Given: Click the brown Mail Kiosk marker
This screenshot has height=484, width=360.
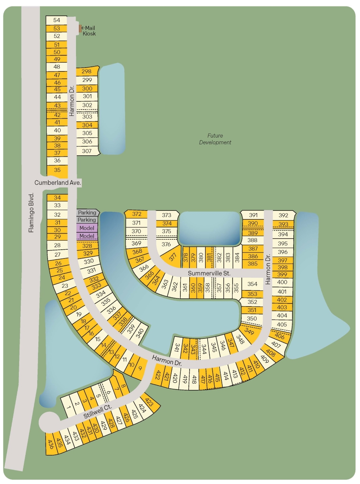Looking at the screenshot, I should (80, 28).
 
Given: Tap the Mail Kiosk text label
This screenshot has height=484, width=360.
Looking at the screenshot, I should (89, 31).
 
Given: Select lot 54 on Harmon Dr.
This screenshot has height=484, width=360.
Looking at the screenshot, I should (57, 20).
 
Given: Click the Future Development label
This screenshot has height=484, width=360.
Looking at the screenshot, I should (215, 139).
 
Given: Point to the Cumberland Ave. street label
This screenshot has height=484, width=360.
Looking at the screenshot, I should (58, 183).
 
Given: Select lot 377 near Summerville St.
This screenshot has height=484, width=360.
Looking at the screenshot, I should (172, 256).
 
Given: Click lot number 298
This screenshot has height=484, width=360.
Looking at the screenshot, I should (87, 71).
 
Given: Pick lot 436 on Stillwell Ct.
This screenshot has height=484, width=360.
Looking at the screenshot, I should (50, 444).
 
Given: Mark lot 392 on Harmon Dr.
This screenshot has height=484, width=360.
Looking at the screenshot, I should (283, 215).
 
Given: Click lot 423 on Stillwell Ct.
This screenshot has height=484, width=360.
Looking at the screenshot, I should (150, 403).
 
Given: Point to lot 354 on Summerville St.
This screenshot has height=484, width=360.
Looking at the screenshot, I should (252, 284).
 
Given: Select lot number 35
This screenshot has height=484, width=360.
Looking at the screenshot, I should (57, 170).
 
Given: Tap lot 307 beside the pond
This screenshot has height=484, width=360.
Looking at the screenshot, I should (87, 151).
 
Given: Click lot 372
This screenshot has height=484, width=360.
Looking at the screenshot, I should (137, 214).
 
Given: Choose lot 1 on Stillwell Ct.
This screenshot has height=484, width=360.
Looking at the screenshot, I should (69, 407).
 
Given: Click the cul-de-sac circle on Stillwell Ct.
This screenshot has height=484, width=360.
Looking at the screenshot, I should (50, 422).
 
